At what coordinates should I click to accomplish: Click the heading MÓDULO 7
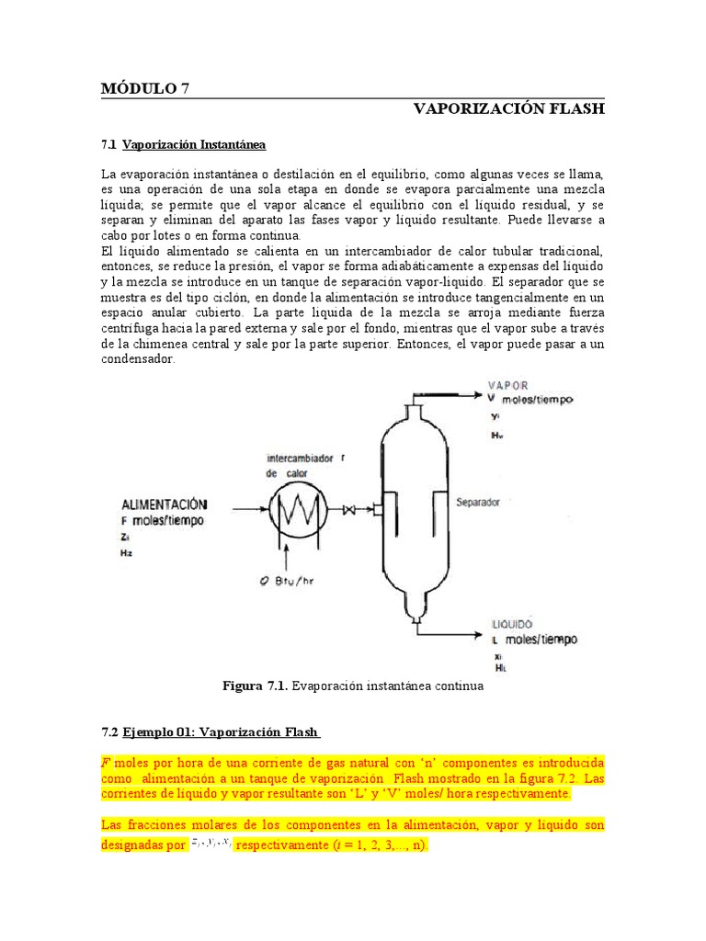(x=144, y=88)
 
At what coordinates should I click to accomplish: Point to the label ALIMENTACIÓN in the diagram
(x=164, y=505)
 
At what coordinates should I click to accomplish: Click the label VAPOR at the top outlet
(x=507, y=385)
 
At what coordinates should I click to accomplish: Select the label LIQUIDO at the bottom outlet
(x=512, y=623)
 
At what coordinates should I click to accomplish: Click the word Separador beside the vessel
(x=478, y=503)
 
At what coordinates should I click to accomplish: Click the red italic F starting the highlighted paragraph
(x=105, y=763)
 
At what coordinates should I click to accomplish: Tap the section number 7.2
(x=109, y=732)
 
